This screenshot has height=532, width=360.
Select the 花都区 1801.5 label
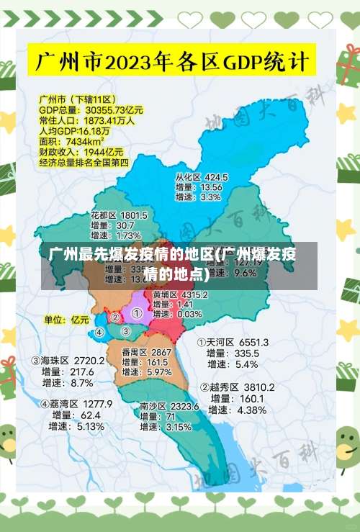[119, 215]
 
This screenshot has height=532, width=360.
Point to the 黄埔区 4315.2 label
[181, 294]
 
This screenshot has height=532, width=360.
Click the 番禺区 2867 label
[146, 352]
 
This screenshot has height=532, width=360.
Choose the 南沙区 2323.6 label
[170, 406]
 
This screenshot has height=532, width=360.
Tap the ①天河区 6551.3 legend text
[233, 342]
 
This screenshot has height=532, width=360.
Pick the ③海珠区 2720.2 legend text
[68, 359]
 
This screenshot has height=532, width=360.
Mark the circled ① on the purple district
[137, 314]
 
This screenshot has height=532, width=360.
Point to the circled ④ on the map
[100, 333]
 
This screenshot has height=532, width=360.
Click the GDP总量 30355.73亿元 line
[91, 110]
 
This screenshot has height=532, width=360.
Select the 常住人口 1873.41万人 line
[86, 121]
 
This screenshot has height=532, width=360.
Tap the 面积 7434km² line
[72, 142]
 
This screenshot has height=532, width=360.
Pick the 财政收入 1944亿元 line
[81, 152]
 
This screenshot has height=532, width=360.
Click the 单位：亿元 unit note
[66, 319]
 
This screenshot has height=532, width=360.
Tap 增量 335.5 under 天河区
[232, 353]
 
